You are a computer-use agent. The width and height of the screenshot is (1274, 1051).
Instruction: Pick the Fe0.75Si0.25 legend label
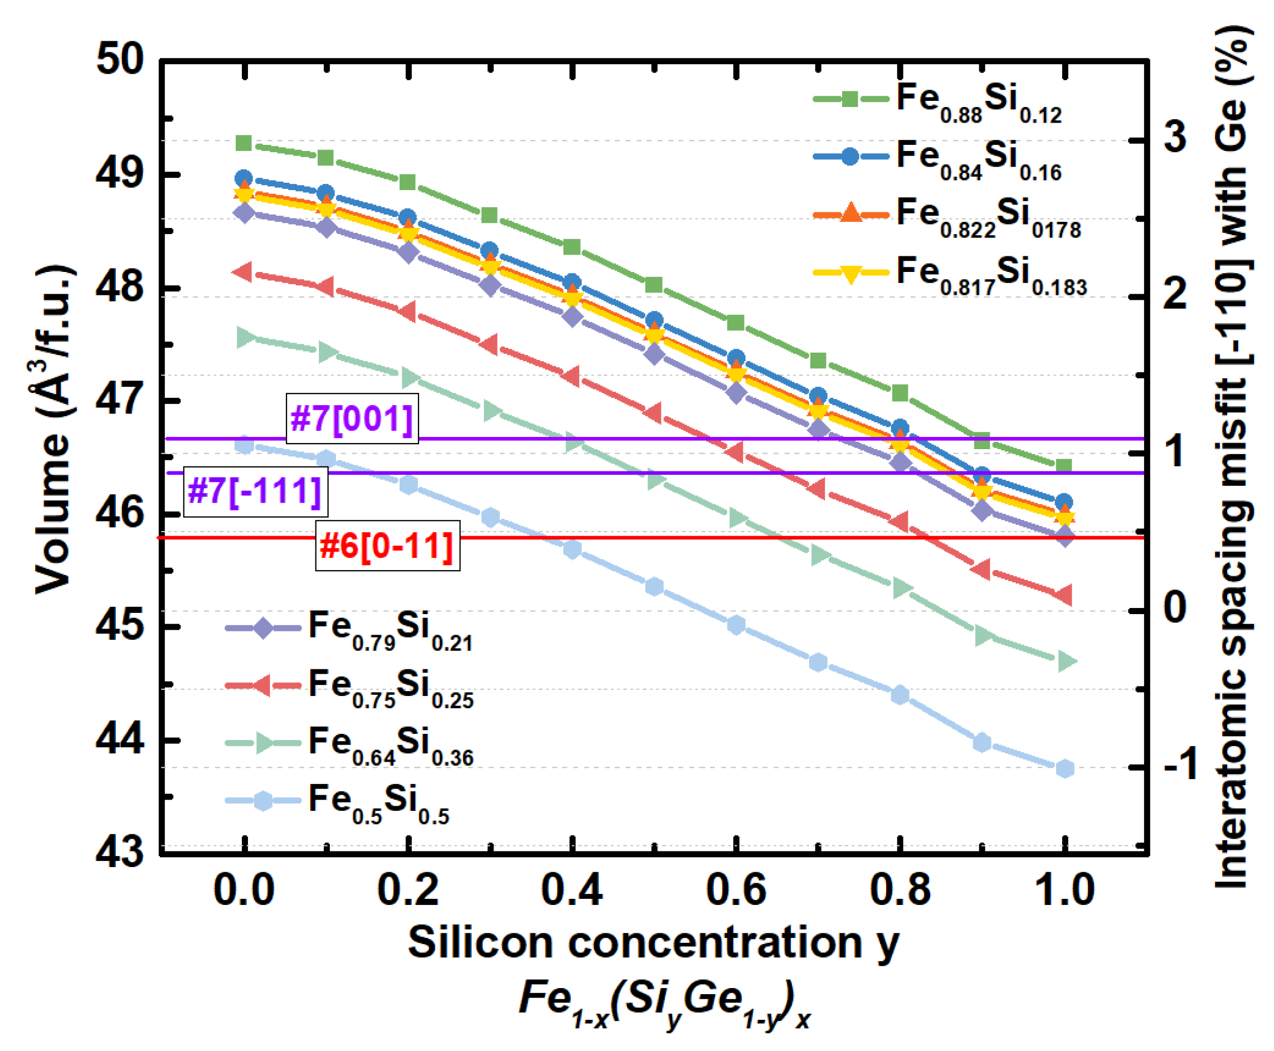[x=390, y=687]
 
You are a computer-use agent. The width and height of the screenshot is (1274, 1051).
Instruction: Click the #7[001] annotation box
[x=352, y=419]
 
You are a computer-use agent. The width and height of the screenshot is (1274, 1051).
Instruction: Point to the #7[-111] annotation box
[x=255, y=490]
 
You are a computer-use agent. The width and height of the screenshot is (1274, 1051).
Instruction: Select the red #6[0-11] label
[x=387, y=545]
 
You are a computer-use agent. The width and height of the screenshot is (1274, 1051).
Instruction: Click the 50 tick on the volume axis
[x=120, y=61]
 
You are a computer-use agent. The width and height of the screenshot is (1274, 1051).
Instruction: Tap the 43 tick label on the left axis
[x=120, y=853]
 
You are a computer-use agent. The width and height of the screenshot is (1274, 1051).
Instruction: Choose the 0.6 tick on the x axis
[x=736, y=891]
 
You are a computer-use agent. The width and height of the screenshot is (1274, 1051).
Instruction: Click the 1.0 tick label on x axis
[x=1064, y=891]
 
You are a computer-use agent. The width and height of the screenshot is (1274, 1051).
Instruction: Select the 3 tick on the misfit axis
[x=1175, y=138]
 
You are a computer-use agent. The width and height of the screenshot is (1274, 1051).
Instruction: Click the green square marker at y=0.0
[x=244, y=143]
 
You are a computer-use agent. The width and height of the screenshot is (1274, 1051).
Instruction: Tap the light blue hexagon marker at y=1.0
[x=1064, y=768]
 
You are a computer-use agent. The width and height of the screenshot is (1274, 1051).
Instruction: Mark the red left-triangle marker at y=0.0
[x=244, y=272]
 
